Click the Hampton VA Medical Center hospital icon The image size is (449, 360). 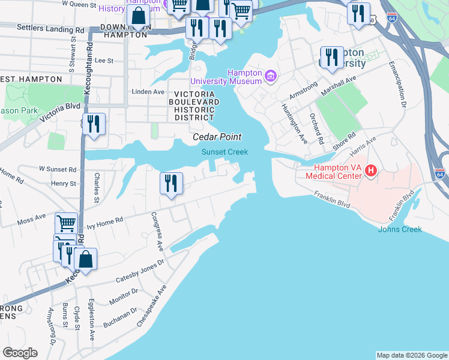[370, 171]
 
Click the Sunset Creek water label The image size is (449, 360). [224, 152]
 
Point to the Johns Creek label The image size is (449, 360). [399, 229]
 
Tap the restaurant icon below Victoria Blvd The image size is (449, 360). [94, 125]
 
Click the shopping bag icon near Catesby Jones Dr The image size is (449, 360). [86, 260]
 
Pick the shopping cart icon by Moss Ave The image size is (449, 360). [66, 224]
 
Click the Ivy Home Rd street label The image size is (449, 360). [105, 220]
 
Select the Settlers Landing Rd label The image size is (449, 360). [50, 28]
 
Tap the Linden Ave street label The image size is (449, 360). [148, 92]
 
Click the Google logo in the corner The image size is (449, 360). [20, 353]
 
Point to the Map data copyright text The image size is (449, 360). [411, 355]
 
